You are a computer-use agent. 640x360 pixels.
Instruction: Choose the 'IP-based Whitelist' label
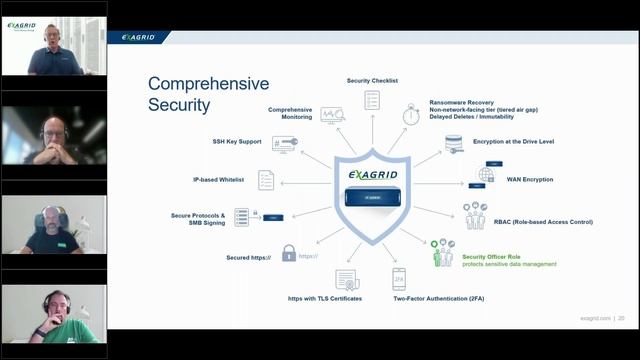220,180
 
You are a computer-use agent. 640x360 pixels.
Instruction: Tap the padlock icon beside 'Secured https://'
289,254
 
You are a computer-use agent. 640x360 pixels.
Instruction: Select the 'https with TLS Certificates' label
325,298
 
